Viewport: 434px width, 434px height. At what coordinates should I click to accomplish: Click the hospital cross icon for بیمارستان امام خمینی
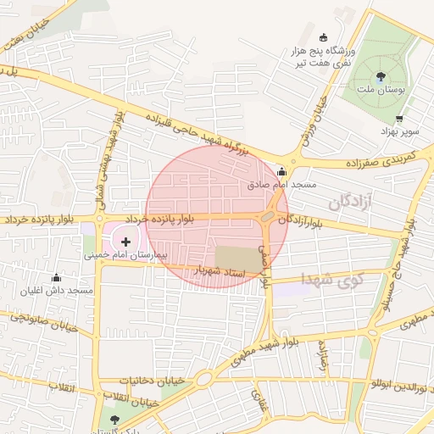126,242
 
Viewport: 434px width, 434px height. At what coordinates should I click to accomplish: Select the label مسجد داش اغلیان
58,291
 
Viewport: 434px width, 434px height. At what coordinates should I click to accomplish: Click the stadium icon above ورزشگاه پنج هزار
324,37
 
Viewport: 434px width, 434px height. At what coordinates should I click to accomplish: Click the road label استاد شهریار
220,271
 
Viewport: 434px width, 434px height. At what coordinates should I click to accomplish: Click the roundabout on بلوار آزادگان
268,217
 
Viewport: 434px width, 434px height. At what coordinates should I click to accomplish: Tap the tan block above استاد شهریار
238,257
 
